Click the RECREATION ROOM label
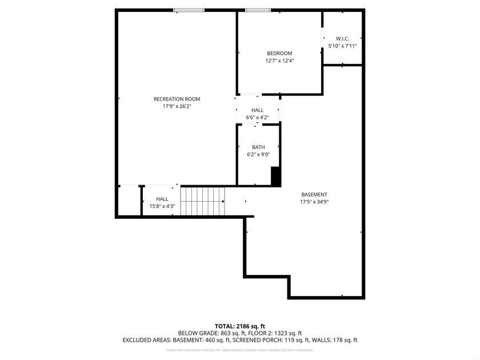click(177, 99)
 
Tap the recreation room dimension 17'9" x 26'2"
click(177, 106)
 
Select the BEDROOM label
click(279, 53)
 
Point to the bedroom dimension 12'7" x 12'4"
click(279, 61)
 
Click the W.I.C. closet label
click(342, 39)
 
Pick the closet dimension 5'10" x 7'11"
click(342, 46)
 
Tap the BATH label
click(258, 147)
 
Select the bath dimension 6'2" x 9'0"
click(258, 154)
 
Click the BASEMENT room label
click(314, 194)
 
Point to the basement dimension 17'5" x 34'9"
click(314, 202)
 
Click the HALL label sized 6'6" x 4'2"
click(257, 110)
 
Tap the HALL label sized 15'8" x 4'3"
click(162, 199)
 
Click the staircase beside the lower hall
click(203, 201)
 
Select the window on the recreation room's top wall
click(189, 10)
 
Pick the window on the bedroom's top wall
click(258, 10)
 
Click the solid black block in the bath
click(276, 176)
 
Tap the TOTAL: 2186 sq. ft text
click(239, 326)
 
